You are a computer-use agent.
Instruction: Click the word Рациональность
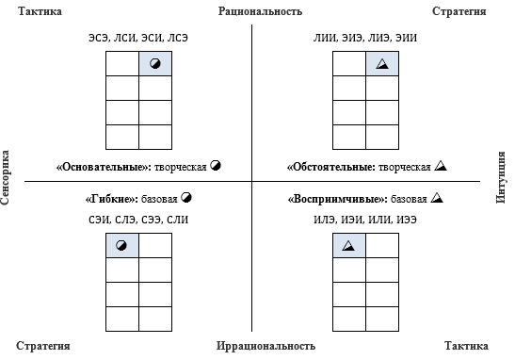pyautogui.click(x=260, y=12)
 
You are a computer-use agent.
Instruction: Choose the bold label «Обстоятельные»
pyautogui.click(x=330, y=167)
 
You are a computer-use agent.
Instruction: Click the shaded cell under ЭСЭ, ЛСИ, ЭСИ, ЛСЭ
pyautogui.click(x=154, y=64)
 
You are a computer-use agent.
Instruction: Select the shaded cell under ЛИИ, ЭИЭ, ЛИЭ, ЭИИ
pyautogui.click(x=382, y=64)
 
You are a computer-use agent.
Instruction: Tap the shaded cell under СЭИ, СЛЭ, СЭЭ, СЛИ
pyautogui.click(x=121, y=246)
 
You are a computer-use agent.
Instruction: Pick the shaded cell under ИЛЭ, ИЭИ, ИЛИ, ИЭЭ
pyautogui.click(x=349, y=246)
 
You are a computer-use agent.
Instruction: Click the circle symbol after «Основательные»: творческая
pyautogui.click(x=216, y=166)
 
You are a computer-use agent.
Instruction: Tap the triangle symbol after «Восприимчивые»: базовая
pyautogui.click(x=436, y=199)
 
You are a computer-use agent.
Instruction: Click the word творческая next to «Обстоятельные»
pyautogui.click(x=405, y=167)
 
